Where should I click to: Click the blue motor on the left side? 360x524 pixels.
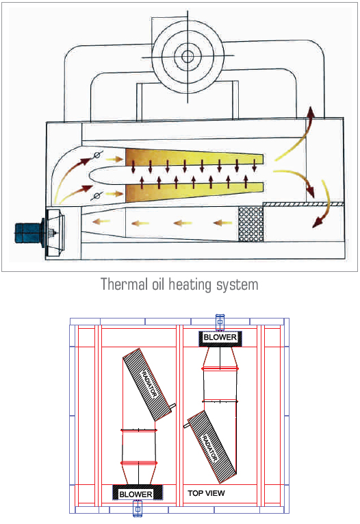pos(29,233)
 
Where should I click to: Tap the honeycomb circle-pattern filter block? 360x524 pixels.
pos(251,224)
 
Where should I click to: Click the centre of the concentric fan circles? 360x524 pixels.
pos(188,56)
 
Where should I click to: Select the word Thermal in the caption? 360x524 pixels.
pos(124,285)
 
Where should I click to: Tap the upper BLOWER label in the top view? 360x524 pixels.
pos(220,337)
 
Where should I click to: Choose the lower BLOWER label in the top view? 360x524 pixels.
pos(136,495)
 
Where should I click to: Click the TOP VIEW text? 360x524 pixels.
pos(206,493)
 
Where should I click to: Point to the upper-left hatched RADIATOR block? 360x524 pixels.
pos(147,384)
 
